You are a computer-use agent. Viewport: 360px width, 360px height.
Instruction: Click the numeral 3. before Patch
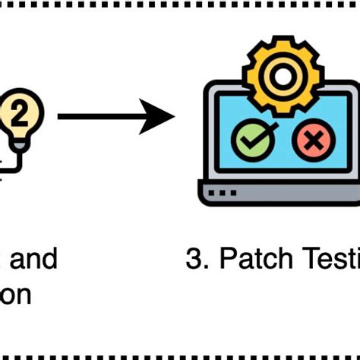tap(197, 259)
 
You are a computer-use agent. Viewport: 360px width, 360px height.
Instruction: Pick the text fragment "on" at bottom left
tap(17, 294)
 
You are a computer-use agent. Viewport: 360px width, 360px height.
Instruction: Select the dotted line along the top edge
tap(180, 5)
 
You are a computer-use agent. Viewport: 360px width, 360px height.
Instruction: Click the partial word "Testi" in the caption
tap(327, 259)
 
